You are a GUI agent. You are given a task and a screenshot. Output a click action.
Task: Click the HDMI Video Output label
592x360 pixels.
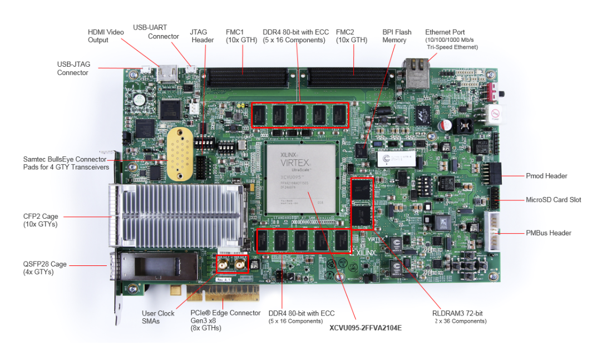click(106, 36)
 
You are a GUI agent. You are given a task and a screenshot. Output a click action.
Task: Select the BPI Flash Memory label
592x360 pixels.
click(397, 36)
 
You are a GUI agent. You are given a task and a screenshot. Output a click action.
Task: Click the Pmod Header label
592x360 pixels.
click(546, 176)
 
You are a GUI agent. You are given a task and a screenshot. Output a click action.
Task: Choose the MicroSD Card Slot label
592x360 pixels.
click(553, 200)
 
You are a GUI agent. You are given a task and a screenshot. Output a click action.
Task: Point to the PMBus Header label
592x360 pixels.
click(548, 233)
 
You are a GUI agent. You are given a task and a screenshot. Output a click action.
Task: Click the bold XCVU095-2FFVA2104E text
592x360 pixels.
click(366, 328)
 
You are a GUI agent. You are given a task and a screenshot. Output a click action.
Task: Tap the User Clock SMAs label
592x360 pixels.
click(158, 317)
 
